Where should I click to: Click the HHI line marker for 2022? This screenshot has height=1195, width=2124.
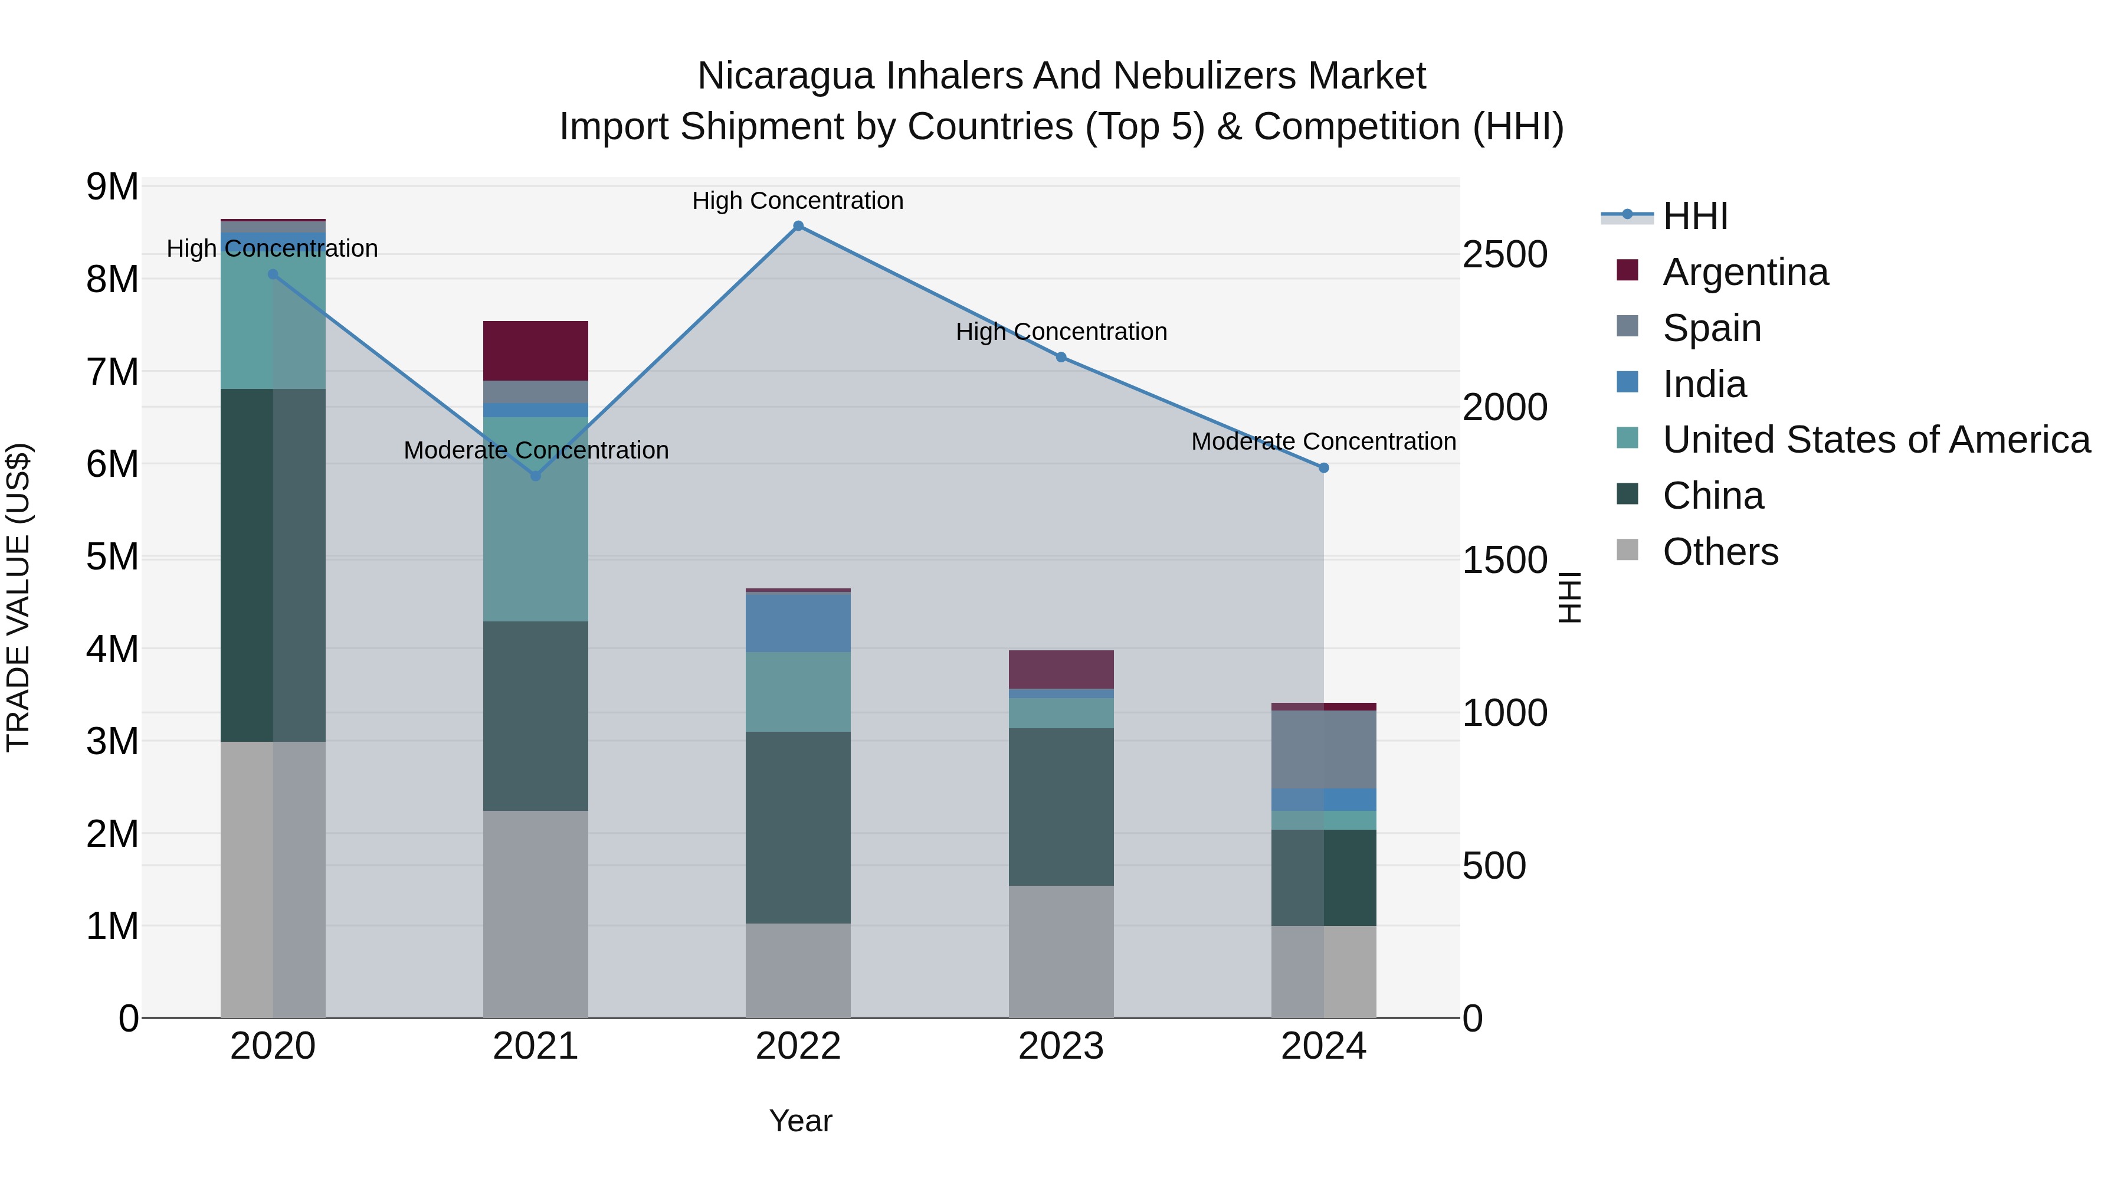[x=798, y=226]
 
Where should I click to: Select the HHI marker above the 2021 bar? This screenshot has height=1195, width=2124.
[x=535, y=476]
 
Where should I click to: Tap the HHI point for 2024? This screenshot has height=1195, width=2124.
[x=1323, y=467]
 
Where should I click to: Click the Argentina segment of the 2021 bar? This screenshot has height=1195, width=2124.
[x=535, y=351]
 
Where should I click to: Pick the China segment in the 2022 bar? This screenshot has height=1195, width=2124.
[x=798, y=827]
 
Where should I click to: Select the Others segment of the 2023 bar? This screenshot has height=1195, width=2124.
[x=1061, y=952]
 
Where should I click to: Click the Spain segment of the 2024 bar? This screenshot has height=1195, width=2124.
[x=1323, y=749]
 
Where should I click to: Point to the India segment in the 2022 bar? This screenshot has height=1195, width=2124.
[x=798, y=623]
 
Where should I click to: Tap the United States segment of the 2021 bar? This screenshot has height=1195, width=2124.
[x=535, y=519]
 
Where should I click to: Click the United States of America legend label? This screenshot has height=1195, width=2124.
[x=1876, y=440]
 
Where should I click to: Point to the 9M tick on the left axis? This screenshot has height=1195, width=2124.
[x=112, y=187]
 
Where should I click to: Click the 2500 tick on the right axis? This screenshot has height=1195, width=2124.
[x=1504, y=255]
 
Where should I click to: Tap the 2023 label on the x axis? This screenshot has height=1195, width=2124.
[x=1061, y=1046]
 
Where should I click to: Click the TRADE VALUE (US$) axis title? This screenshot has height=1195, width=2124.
[x=18, y=597]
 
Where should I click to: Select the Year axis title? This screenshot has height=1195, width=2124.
[x=800, y=1121]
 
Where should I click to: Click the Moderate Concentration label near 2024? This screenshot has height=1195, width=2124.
[x=1323, y=442]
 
